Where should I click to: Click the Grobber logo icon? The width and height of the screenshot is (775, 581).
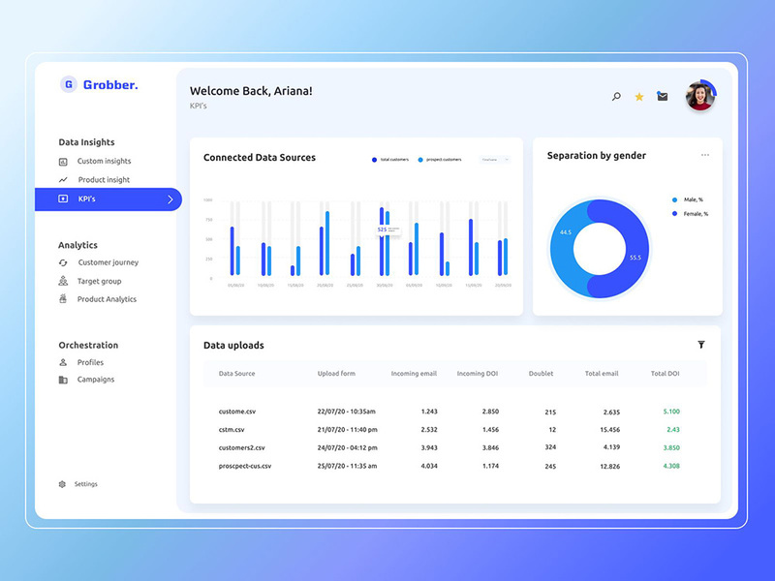tap(69, 84)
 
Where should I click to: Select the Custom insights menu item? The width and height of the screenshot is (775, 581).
tap(104, 161)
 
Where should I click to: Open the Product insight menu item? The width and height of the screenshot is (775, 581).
tap(104, 180)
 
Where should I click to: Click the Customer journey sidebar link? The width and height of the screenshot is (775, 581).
tap(108, 262)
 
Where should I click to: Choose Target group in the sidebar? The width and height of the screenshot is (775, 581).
tap(99, 281)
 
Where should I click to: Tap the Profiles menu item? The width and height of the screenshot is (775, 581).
tap(90, 362)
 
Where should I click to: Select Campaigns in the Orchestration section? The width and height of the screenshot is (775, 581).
tap(95, 380)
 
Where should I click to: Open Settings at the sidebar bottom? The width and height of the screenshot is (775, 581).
tap(85, 484)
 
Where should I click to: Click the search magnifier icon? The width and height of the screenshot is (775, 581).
tap(616, 97)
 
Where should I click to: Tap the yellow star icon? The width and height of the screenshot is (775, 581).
tap(639, 97)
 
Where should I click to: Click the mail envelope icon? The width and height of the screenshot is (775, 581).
tap(663, 97)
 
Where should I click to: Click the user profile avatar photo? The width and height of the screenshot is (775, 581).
tap(699, 96)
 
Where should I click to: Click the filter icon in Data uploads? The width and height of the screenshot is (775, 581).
tap(701, 345)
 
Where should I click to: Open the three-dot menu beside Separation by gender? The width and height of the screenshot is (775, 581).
tap(705, 155)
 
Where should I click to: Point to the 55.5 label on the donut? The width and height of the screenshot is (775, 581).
tap(635, 258)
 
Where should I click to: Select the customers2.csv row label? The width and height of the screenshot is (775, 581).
tap(241, 447)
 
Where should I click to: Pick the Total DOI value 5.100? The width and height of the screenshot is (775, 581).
tap(671, 412)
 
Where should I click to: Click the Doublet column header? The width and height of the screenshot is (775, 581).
tap(541, 373)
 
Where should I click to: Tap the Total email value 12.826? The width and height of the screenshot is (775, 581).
tap(610, 466)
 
